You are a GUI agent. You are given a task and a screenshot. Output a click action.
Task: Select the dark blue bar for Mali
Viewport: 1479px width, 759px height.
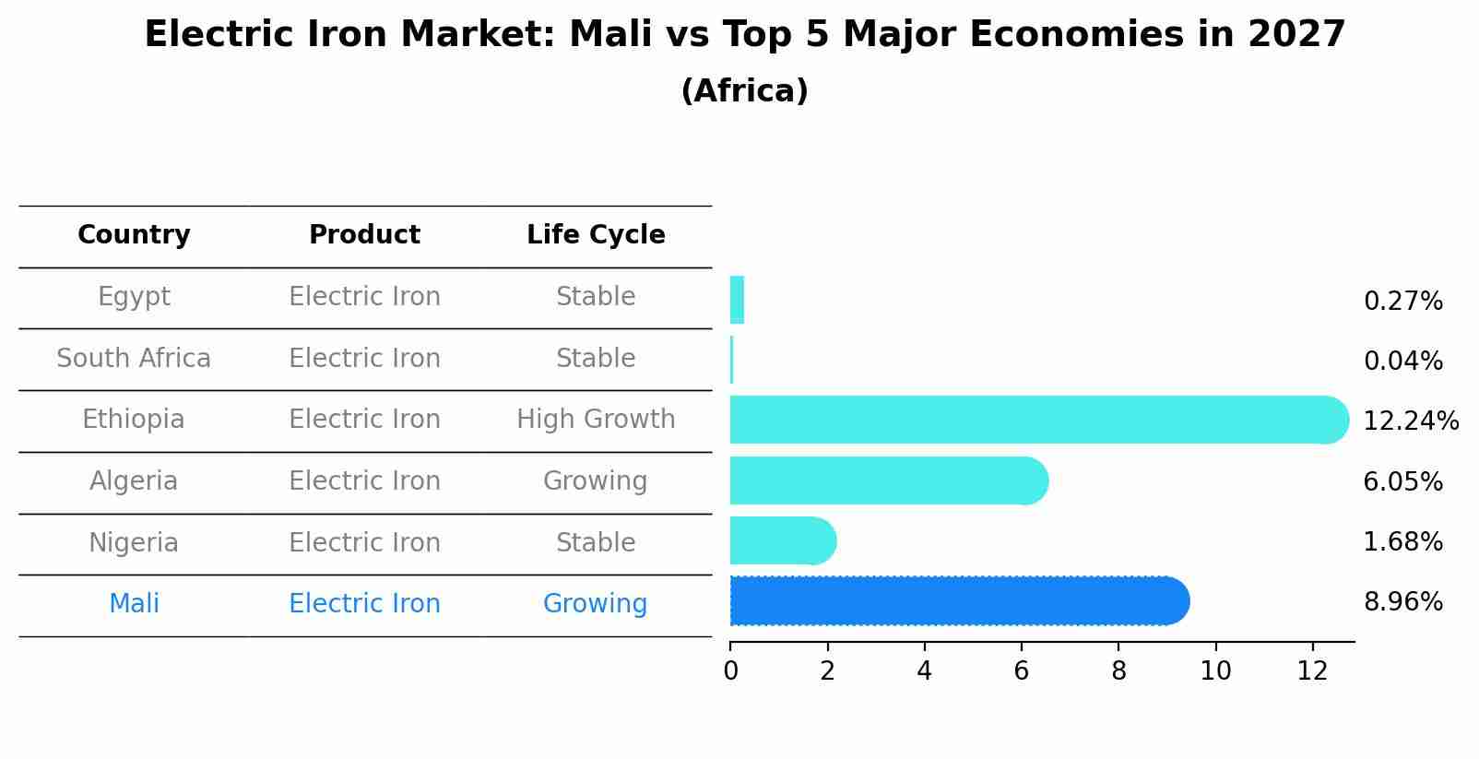(x=959, y=601)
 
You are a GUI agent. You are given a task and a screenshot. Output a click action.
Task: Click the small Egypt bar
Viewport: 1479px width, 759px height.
(x=737, y=300)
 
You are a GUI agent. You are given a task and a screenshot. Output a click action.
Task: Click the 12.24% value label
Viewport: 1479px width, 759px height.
(x=1410, y=421)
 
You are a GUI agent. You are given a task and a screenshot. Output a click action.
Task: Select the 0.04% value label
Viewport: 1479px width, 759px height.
(x=1402, y=362)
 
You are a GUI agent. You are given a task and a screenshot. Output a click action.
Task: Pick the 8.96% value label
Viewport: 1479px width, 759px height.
(x=1402, y=602)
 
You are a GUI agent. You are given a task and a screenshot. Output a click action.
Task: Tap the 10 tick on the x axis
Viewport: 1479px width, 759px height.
(x=1215, y=671)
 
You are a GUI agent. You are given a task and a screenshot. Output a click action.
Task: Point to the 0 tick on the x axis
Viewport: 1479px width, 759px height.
(x=730, y=671)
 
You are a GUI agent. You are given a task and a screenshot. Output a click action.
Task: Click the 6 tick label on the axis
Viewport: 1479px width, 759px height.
(x=1021, y=671)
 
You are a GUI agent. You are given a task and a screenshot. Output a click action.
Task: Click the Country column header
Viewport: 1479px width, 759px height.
(x=134, y=235)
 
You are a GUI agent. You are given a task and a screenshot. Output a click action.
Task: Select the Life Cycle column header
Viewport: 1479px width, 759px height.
(x=596, y=235)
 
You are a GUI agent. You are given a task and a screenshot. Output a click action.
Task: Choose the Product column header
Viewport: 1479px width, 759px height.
(x=364, y=235)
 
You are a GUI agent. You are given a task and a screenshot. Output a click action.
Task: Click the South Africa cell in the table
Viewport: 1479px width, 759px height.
(x=134, y=359)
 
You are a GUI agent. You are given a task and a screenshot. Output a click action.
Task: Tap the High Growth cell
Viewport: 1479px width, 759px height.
(x=596, y=420)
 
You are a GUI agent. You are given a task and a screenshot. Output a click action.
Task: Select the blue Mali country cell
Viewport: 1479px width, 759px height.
(x=134, y=604)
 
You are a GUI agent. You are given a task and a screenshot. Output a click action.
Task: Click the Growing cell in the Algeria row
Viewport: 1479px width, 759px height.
(x=596, y=481)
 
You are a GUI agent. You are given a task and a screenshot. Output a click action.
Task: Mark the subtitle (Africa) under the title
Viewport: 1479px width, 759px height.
(x=744, y=91)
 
